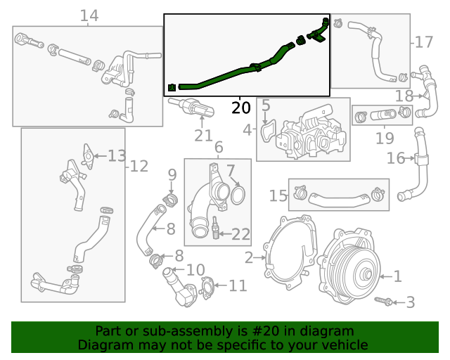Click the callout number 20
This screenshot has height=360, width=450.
(240, 108)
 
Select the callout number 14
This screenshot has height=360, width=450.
(89, 15)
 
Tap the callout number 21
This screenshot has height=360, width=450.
(203, 136)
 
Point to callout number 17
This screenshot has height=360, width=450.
(423, 43)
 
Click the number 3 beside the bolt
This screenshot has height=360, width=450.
(411, 302)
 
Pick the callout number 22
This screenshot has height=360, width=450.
(240, 233)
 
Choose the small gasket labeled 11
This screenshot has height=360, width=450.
(207, 286)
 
